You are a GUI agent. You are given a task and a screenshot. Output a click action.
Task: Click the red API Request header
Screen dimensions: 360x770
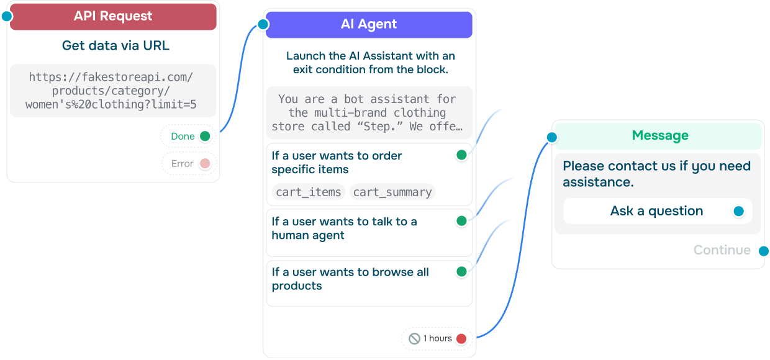[x=112, y=17]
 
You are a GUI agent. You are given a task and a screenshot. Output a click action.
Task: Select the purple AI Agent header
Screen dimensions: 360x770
[x=369, y=25]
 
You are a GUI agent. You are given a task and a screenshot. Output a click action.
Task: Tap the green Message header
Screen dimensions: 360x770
[x=659, y=136]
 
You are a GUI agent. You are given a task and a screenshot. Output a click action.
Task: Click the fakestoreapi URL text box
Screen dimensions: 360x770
[x=112, y=91]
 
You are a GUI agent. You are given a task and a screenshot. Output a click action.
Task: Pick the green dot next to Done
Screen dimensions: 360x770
[x=205, y=137]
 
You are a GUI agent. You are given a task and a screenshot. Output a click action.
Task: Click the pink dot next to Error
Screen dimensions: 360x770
[x=205, y=164]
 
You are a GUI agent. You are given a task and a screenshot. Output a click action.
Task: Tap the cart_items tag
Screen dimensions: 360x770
[x=309, y=192]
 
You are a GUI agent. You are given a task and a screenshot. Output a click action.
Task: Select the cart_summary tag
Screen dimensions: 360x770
[x=392, y=192]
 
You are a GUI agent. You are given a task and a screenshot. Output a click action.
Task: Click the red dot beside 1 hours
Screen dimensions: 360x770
[x=461, y=339]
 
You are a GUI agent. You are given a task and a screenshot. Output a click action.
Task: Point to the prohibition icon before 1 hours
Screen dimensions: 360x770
[x=414, y=339]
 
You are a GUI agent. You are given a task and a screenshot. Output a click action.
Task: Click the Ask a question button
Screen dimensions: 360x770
[x=656, y=211]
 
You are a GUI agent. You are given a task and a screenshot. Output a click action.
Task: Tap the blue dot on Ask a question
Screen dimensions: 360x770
[x=738, y=212]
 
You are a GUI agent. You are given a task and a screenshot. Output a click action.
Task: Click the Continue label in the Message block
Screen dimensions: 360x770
[x=722, y=250]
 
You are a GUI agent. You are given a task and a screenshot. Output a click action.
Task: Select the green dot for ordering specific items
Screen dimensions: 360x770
[x=461, y=155]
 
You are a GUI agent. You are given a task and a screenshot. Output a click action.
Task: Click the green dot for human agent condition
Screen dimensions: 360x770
[x=461, y=221]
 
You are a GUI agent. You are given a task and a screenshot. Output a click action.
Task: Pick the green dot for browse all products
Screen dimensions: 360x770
[x=461, y=271]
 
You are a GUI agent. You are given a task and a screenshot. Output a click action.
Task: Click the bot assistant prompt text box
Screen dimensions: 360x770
[x=368, y=112]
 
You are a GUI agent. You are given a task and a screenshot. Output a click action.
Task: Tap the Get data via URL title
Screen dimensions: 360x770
[x=115, y=45]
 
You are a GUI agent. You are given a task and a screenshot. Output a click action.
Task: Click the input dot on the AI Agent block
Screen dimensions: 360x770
[x=263, y=25]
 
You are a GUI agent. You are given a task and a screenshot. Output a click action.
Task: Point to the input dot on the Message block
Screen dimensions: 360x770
[x=551, y=137]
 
